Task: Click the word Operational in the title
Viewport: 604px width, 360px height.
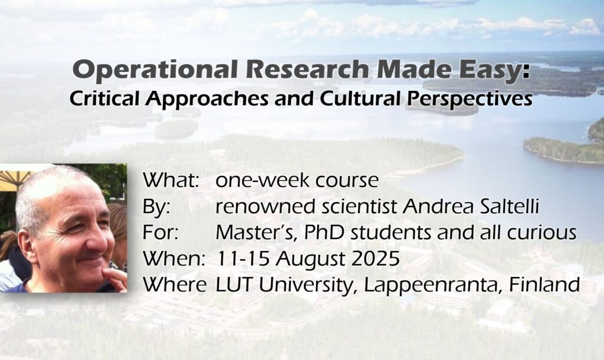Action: click(155, 70)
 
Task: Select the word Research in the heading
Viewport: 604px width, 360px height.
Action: click(307, 69)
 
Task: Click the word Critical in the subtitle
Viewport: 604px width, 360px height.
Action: click(104, 99)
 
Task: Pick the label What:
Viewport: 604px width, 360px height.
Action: click(171, 180)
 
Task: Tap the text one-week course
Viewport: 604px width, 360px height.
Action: click(297, 181)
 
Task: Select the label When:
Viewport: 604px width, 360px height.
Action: click(173, 258)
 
